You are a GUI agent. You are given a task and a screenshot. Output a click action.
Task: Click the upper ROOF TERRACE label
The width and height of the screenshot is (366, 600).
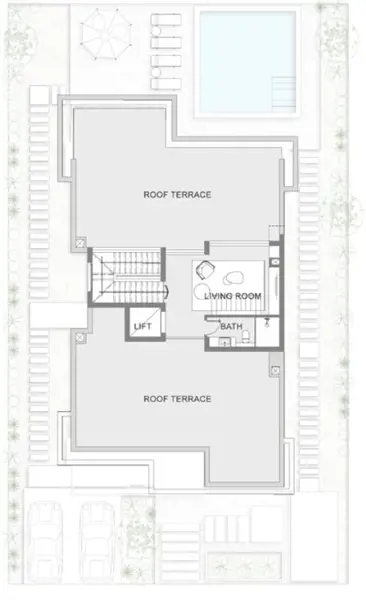click(177, 194)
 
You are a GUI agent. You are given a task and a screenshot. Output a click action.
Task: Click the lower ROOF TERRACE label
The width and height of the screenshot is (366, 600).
click(177, 398)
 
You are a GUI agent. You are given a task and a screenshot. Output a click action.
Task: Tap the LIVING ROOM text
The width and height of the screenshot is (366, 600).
click(231, 297)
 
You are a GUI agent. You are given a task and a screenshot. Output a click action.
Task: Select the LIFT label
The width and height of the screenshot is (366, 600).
click(142, 324)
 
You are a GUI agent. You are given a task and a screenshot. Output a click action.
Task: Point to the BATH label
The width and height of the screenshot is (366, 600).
click(231, 326)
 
